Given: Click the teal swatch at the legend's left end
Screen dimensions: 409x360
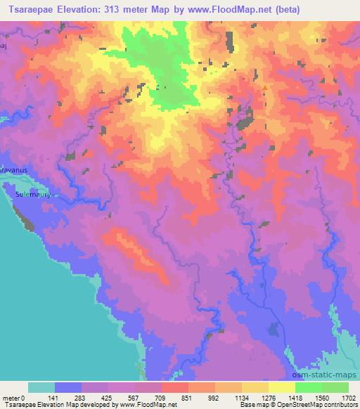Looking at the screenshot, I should click(41, 387).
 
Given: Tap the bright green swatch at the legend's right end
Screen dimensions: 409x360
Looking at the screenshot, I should click(335, 387).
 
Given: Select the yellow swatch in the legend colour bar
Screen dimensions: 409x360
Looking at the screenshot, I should click(281, 387).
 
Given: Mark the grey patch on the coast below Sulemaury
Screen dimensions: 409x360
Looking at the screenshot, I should click(29, 223).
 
